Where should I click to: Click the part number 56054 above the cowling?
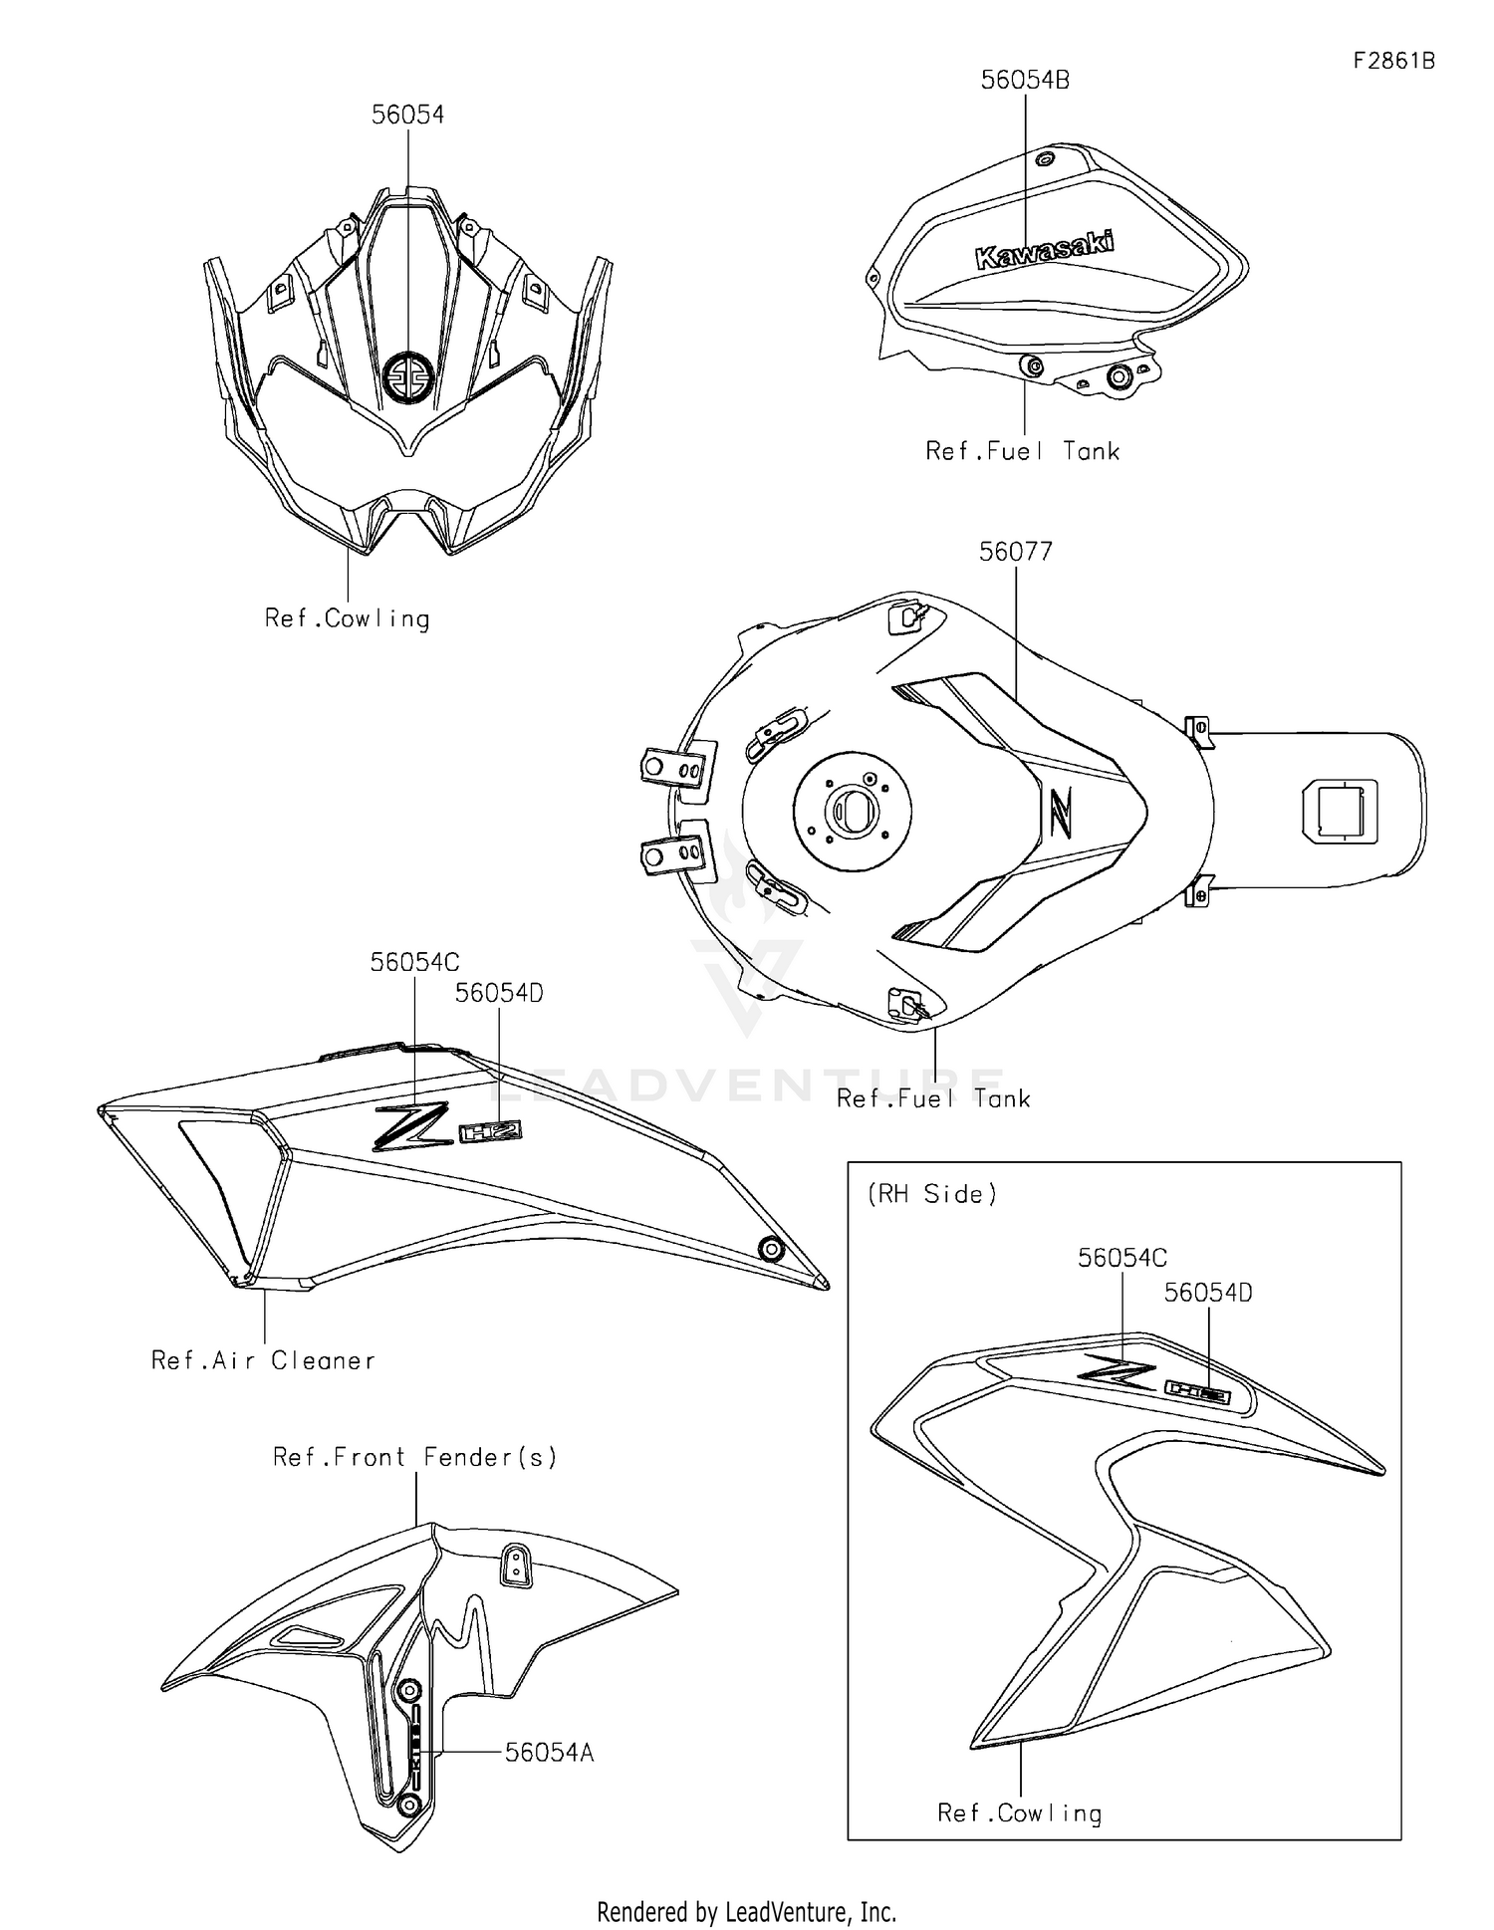click(x=407, y=115)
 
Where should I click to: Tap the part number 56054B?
click(x=1024, y=81)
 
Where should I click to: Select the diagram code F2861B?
click(x=1393, y=61)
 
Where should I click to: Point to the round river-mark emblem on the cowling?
click(x=408, y=377)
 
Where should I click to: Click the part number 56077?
click(x=1015, y=551)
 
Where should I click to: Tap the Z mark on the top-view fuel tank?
click(x=1058, y=812)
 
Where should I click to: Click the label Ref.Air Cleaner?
click(x=263, y=1360)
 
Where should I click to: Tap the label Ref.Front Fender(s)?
click(x=414, y=1457)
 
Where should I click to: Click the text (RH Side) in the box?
click(x=932, y=1194)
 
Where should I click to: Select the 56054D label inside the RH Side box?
click(x=1207, y=1293)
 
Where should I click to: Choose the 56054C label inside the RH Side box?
click(x=1121, y=1258)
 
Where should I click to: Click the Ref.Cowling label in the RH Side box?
click(x=1019, y=1812)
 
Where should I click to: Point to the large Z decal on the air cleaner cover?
click(x=411, y=1126)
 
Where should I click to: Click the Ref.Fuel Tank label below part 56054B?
click(x=1022, y=451)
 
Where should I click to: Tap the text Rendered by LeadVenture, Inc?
click(x=746, y=1911)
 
